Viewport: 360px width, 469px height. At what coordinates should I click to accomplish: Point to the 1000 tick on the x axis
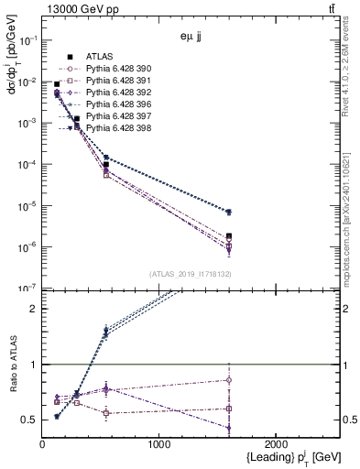pos(158,444)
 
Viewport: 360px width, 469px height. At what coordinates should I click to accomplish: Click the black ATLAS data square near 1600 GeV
pos(229,236)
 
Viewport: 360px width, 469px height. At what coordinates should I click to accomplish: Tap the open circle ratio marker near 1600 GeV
pos(229,380)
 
